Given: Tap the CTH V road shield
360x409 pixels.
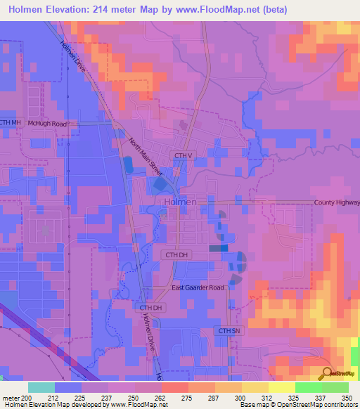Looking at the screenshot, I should point(183,155).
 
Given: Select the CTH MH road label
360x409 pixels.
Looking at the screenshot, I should point(11,123).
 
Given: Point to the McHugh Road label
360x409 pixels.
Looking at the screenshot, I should point(48,124).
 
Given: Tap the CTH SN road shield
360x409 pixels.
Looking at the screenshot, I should point(229,330).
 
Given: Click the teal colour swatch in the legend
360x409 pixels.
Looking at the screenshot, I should point(41,387).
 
